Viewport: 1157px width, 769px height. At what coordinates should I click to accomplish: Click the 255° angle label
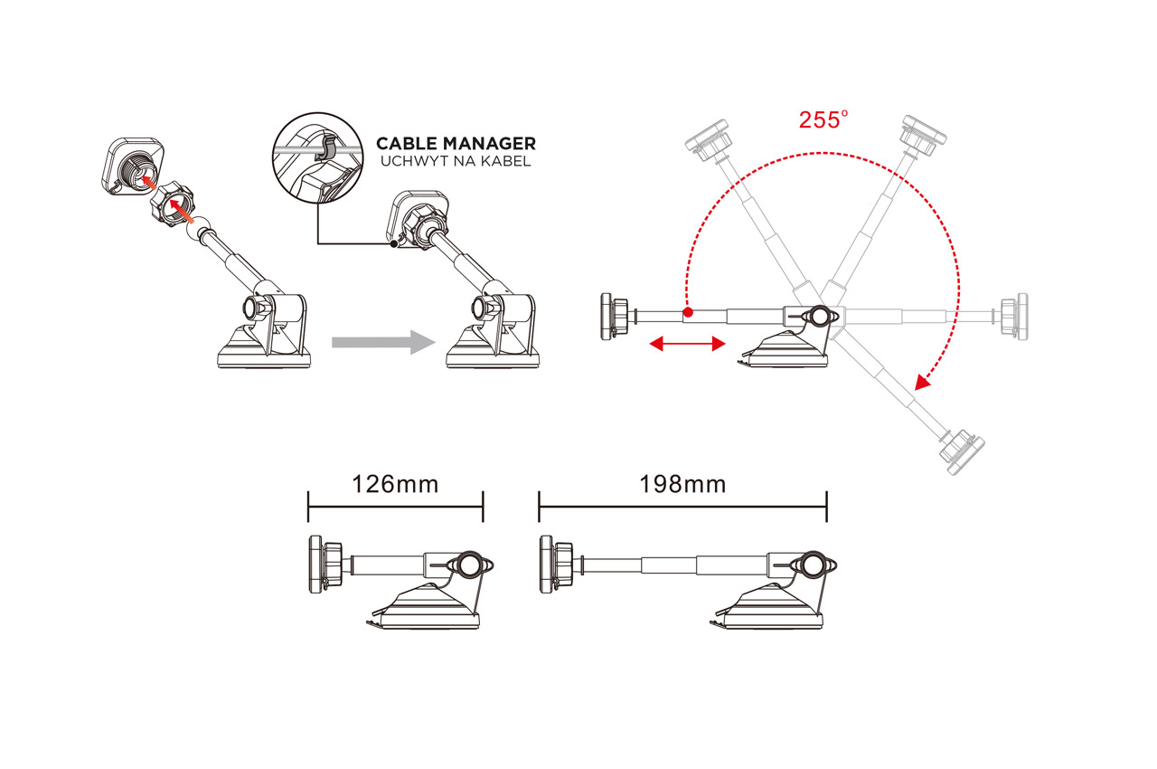823,120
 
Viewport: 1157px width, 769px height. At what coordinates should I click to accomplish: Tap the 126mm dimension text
395,485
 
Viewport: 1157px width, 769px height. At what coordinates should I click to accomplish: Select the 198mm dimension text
682,485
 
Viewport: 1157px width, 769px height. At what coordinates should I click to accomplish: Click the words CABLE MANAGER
456,143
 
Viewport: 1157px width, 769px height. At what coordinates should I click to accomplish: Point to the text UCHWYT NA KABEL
456,162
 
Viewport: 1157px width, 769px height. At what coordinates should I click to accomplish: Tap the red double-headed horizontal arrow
688,344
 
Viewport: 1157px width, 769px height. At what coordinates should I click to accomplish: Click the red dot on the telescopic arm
688,312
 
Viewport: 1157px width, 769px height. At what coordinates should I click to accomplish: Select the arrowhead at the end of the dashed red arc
922,382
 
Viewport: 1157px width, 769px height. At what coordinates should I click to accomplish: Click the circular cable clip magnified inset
317,157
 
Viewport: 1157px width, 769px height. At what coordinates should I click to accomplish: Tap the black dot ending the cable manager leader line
393,244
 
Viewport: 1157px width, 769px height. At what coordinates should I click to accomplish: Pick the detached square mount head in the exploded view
133,166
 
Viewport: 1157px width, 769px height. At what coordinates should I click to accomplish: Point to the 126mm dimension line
396,507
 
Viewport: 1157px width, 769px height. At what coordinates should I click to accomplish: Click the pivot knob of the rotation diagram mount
819,317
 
